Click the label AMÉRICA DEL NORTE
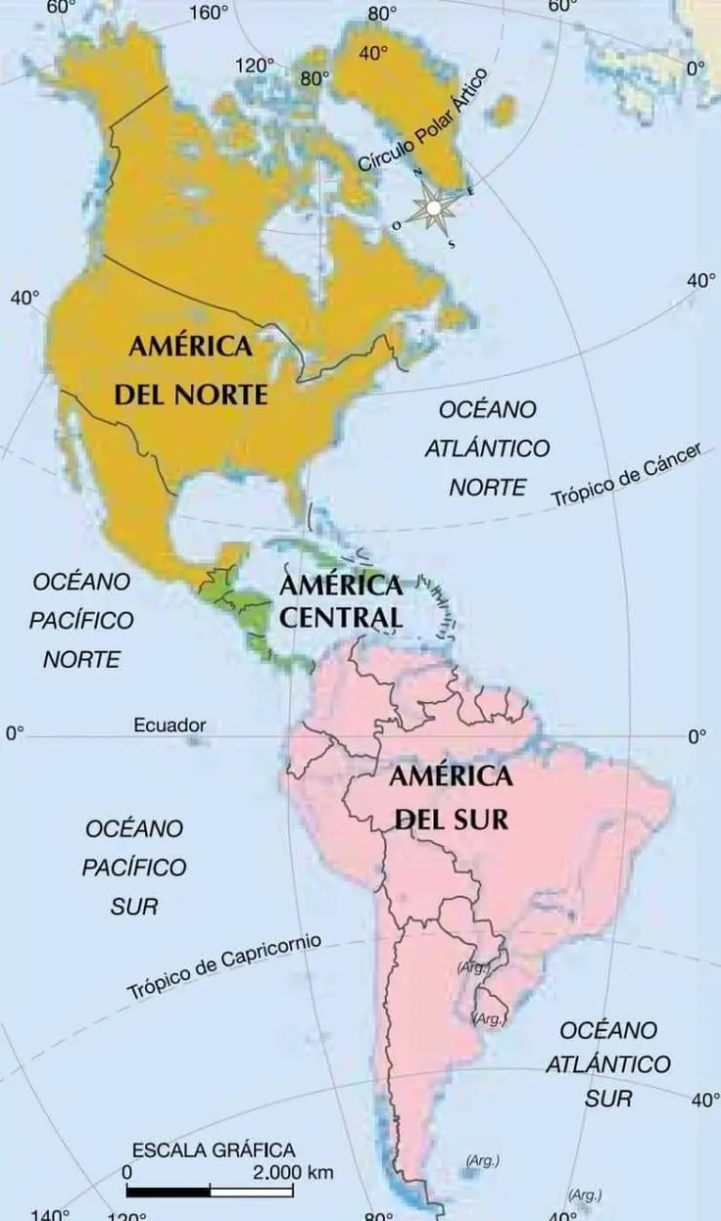click(191, 370)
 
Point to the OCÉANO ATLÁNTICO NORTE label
click(487, 447)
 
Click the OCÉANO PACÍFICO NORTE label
click(81, 620)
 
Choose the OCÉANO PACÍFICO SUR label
click(134, 867)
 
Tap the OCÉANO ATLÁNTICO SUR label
click(608, 1063)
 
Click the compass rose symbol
click(432, 208)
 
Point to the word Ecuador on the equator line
click(169, 726)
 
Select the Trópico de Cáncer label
click(628, 476)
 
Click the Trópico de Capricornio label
click(224, 966)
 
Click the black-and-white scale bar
click(210, 1192)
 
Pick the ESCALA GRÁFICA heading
click(214, 1151)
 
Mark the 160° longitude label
click(208, 14)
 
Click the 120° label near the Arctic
click(255, 66)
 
